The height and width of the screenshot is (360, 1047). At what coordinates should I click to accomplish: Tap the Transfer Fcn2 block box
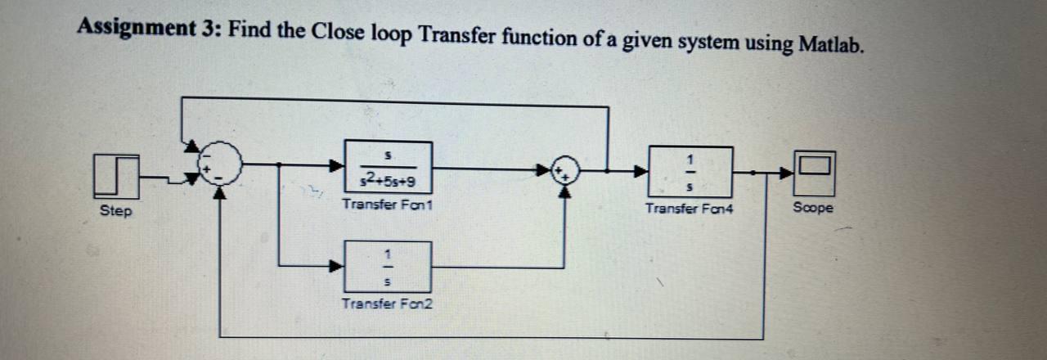click(x=387, y=266)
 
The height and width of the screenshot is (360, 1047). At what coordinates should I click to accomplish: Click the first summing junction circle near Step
click(x=220, y=164)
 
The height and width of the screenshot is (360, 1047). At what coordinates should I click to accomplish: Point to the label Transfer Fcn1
click(x=387, y=205)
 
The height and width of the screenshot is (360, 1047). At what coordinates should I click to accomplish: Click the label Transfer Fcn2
click(x=387, y=304)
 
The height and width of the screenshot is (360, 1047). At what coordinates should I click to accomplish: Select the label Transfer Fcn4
click(x=690, y=209)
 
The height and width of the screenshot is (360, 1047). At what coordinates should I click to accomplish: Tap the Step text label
click(x=115, y=211)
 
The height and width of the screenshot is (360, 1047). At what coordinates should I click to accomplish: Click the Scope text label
click(x=813, y=208)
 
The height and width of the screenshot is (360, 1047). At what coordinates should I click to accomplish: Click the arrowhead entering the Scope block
click(x=786, y=173)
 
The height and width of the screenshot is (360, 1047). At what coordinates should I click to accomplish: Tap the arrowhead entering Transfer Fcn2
click(x=335, y=265)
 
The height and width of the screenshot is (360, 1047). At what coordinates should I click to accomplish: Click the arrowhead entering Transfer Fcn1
click(x=335, y=166)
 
